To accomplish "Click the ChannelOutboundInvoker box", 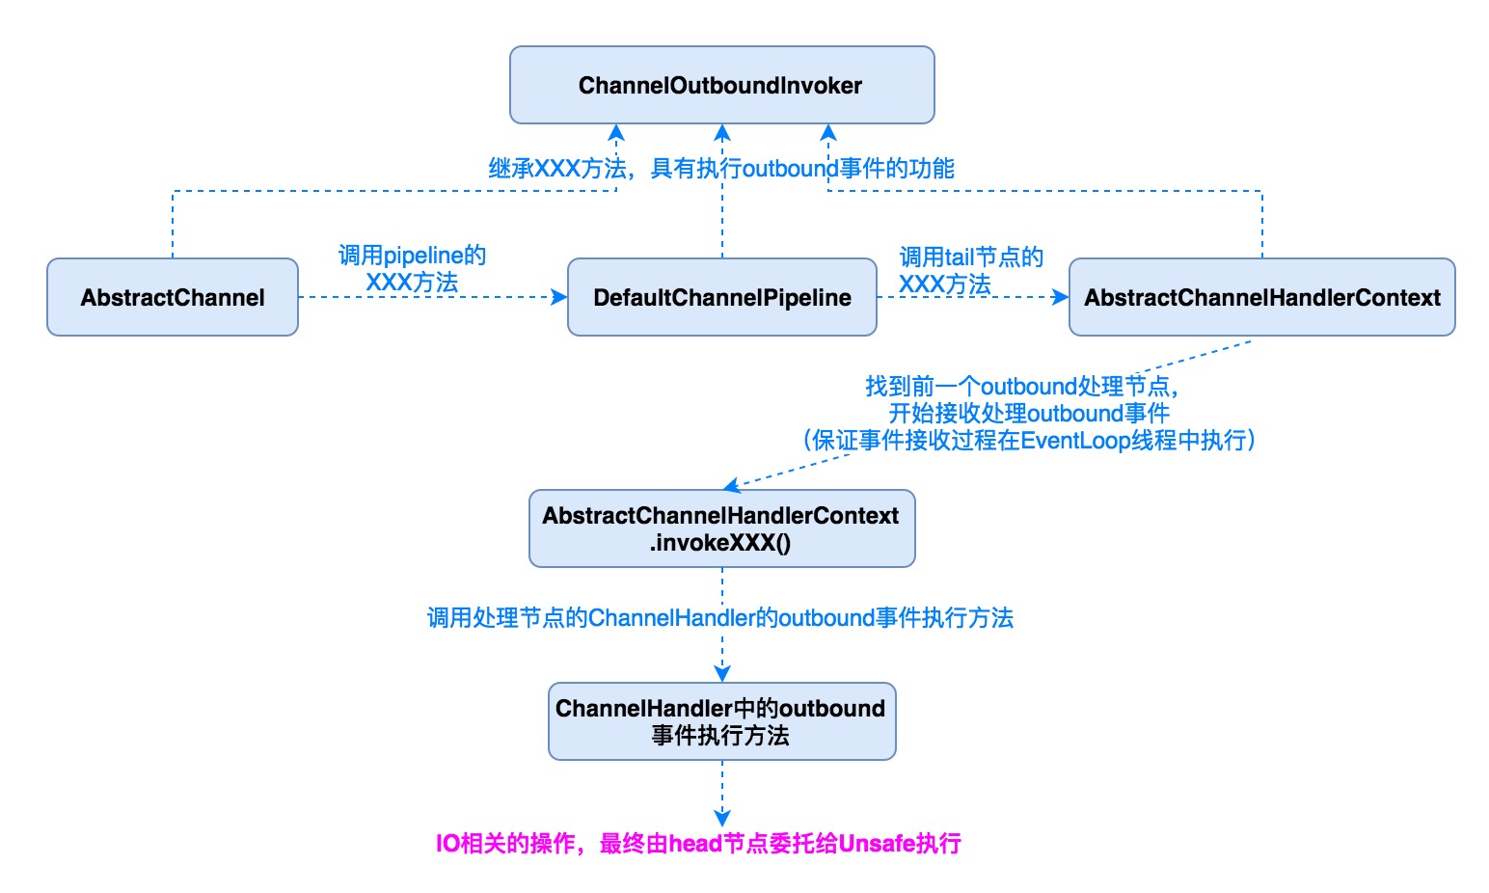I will coord(721,85).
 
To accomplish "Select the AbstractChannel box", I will coord(173,297).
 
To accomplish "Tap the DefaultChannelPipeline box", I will coord(721,297).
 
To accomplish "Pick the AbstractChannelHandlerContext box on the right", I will coord(1261,297).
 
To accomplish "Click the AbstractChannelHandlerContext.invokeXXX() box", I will coord(721,528).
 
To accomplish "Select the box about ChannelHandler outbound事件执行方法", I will coord(721,721).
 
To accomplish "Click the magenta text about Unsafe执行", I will coord(698,844).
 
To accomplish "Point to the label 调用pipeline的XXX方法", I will coord(412,269).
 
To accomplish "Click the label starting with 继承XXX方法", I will coord(721,169).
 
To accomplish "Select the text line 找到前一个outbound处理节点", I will coord(1022,387).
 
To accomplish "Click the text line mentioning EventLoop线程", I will coord(1028,441).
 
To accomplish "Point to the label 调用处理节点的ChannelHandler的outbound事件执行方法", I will coord(719,617).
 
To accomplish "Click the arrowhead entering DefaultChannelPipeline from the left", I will coord(560,297).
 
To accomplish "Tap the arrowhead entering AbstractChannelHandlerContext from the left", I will coord(1061,297).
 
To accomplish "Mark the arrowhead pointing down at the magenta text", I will coord(722,819).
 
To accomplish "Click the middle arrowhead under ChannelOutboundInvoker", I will coord(722,132).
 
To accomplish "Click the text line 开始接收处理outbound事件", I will coord(1028,414).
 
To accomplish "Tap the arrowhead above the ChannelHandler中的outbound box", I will coord(722,674).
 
